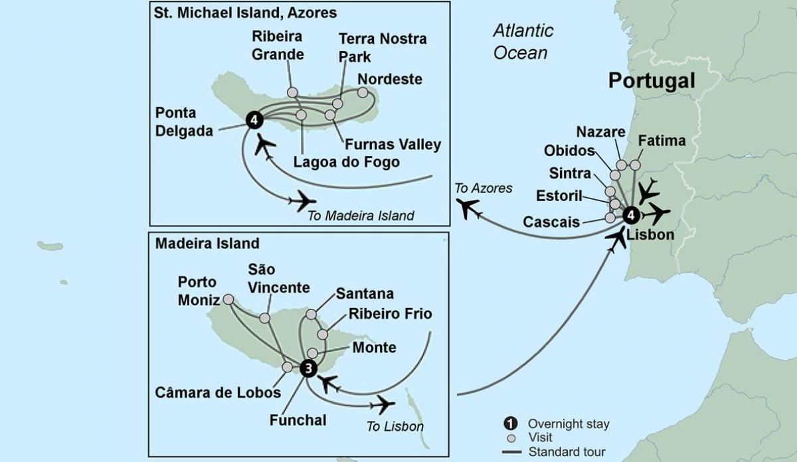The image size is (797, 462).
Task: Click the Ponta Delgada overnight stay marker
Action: tap(254, 120)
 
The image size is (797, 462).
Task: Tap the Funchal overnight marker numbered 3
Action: tap(308, 368)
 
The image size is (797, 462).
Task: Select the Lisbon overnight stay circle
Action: tap(631, 214)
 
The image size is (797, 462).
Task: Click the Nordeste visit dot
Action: tap(363, 92)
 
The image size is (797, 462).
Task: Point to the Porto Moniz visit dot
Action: tap(228, 299)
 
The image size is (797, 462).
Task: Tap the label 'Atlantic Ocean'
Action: tap(523, 41)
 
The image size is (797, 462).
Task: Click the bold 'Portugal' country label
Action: tap(652, 81)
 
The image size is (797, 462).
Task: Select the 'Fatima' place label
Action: tap(661, 141)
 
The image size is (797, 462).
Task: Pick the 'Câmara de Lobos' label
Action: tap(219, 392)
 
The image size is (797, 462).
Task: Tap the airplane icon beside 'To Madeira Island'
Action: tap(303, 200)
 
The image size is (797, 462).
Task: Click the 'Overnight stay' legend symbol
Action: tap(509, 424)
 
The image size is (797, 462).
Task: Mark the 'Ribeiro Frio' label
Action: tap(390, 314)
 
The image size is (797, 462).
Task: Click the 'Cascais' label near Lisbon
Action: tap(551, 222)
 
